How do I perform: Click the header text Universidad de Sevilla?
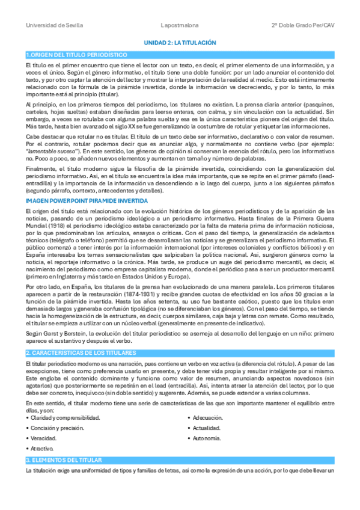[x=54, y=25]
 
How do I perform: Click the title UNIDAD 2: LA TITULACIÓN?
[x=180, y=43]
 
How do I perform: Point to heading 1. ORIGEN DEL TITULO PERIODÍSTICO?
[x=72, y=55]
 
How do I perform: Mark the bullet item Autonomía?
[x=207, y=438]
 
